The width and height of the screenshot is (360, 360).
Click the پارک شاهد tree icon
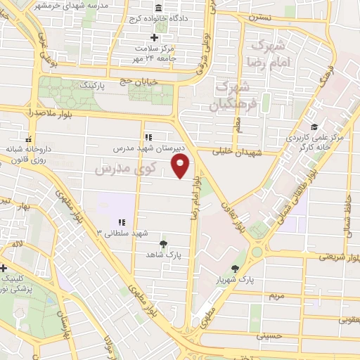tap(164, 243)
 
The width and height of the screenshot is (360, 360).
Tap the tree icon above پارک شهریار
tap(234, 269)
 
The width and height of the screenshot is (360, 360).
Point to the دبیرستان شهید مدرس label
tap(150, 149)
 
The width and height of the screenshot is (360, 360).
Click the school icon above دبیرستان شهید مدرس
tap(148, 137)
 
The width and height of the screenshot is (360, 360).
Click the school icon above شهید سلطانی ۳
tap(122, 221)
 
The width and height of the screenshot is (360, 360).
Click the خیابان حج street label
tap(147, 82)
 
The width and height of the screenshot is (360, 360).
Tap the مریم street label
tap(276, 295)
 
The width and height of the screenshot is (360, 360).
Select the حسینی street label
tap(269, 336)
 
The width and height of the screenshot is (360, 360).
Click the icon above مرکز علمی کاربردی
tap(314, 127)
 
